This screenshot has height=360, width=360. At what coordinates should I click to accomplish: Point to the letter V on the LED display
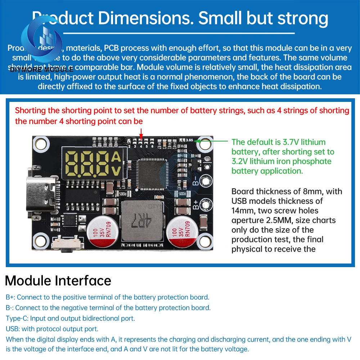(x=116, y=172)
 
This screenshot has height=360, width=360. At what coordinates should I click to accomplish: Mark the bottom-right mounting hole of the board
(x=204, y=240)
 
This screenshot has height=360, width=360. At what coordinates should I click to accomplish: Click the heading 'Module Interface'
(x=58, y=280)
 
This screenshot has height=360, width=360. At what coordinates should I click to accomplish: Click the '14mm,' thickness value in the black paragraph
(x=244, y=211)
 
